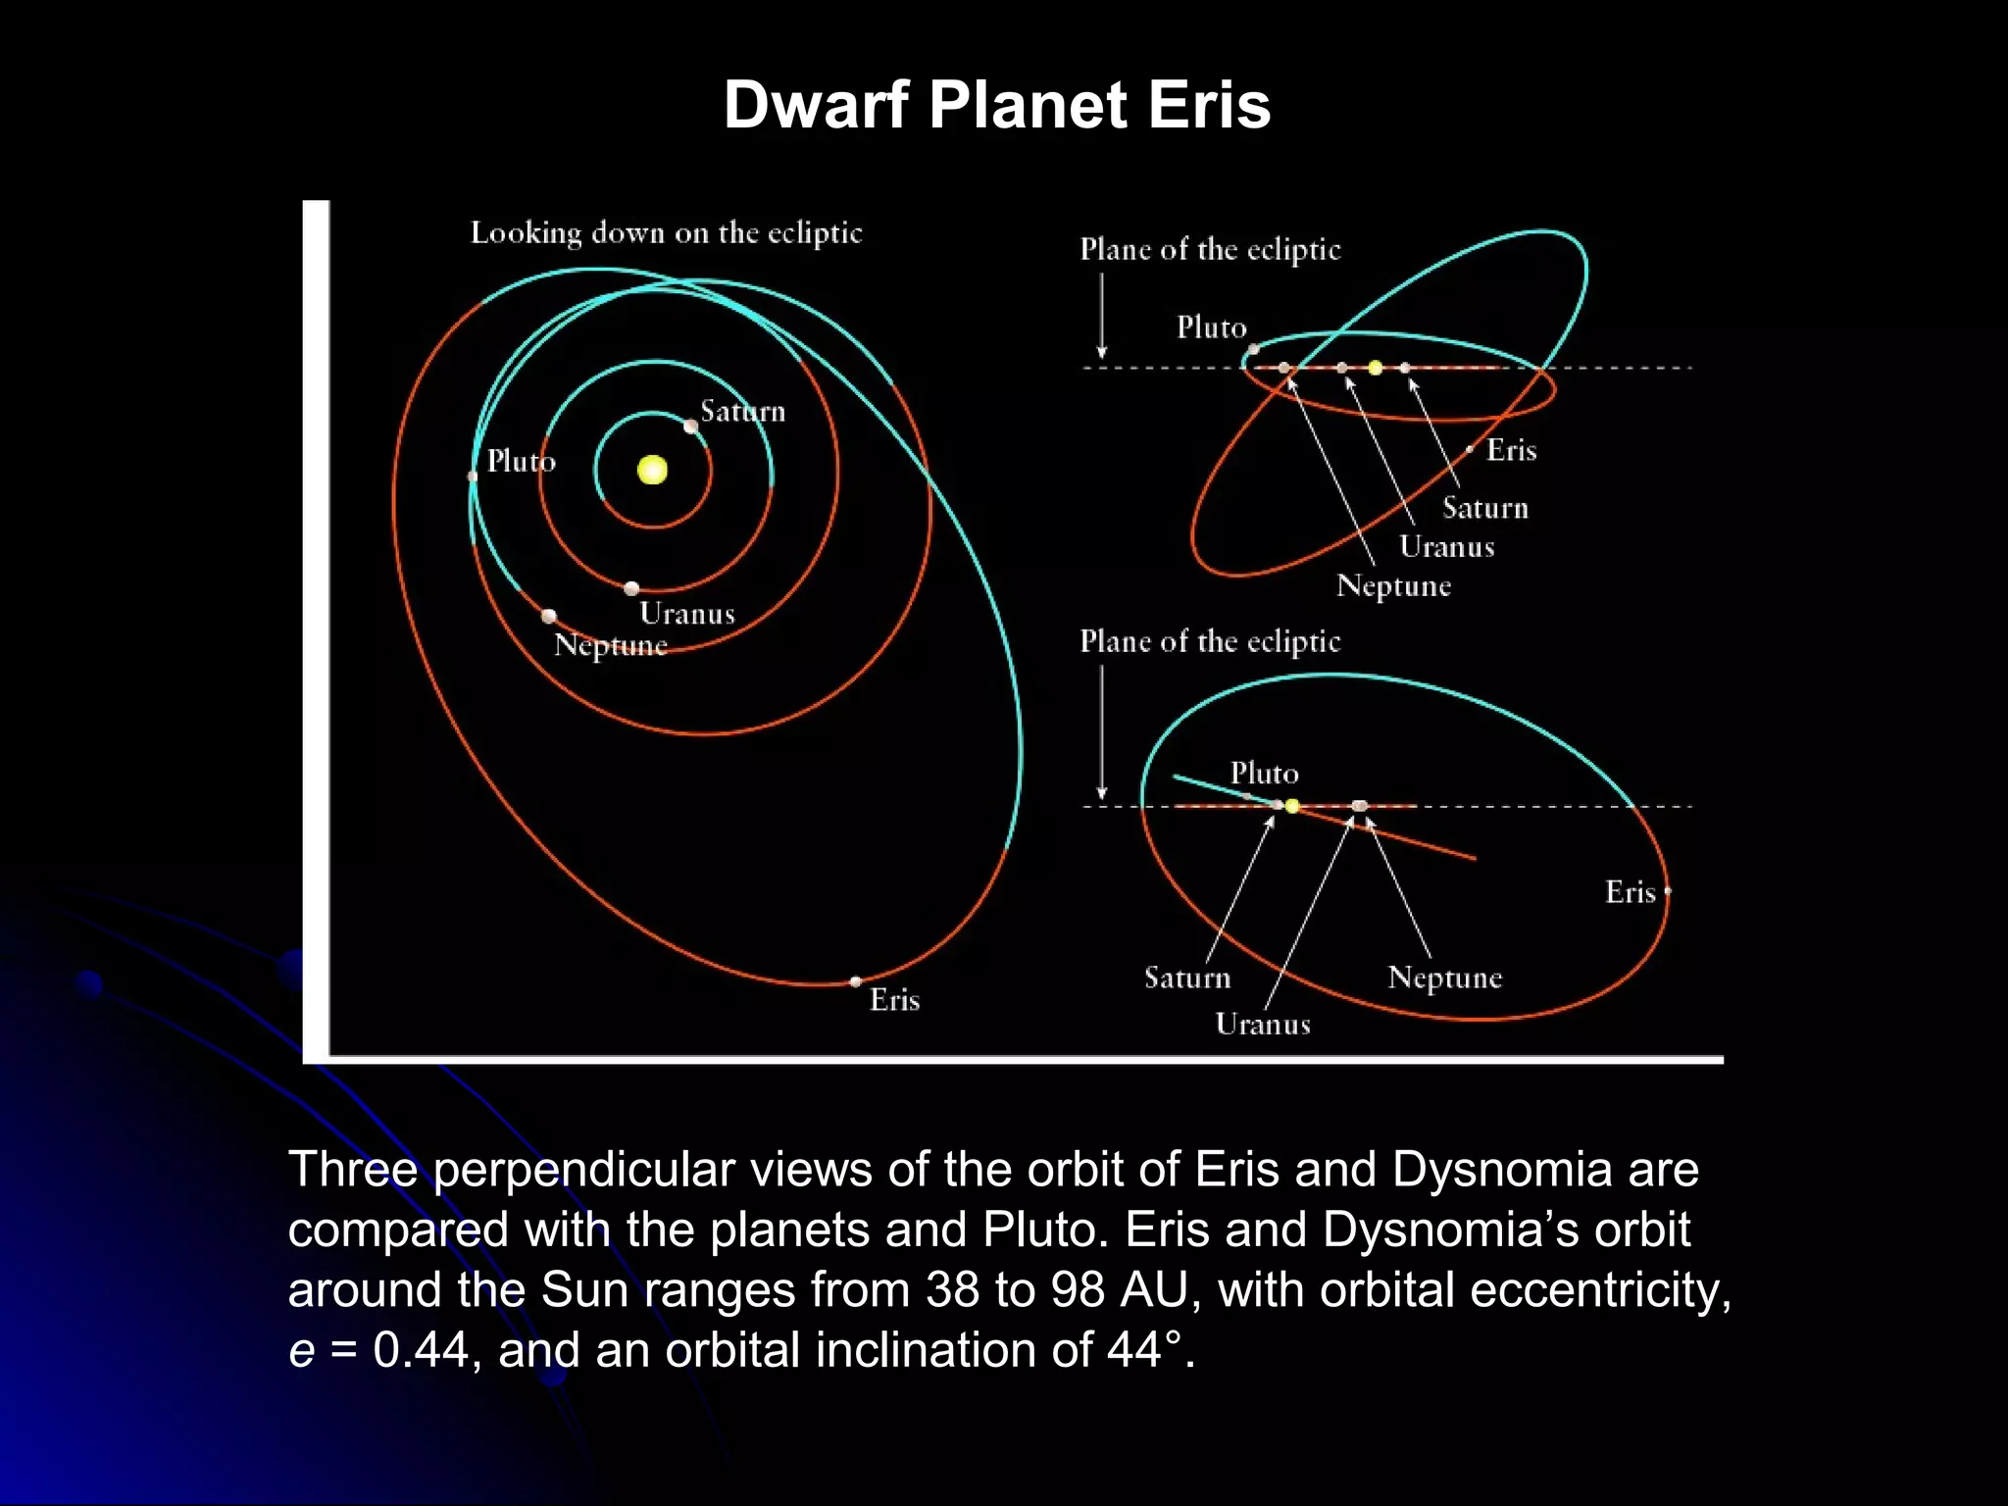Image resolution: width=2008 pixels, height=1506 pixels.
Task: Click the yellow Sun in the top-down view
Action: (x=652, y=470)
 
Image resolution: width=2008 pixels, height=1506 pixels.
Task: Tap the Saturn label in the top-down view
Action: (x=742, y=412)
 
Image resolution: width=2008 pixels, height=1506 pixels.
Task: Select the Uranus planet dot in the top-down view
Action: (x=631, y=588)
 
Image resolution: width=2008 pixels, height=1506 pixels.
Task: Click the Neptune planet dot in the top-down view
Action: (x=549, y=616)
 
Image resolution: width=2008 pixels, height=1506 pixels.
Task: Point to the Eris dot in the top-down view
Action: (x=856, y=981)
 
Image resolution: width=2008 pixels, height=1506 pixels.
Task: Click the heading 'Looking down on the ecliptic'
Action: (x=666, y=233)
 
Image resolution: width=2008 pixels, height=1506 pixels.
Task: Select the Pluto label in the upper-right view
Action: (x=1211, y=327)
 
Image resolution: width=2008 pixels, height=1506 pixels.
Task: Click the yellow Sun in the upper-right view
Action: (x=1376, y=368)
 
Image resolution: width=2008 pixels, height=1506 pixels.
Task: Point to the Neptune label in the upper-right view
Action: (x=1393, y=586)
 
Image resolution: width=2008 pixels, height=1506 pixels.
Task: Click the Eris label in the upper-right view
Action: (x=1511, y=450)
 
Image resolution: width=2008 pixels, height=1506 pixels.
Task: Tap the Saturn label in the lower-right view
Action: (x=1187, y=978)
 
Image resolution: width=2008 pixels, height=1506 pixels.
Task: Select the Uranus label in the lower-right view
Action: (x=1263, y=1025)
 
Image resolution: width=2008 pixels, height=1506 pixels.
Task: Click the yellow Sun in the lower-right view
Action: (x=1292, y=806)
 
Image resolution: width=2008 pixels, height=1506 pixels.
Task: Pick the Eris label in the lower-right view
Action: (x=1630, y=892)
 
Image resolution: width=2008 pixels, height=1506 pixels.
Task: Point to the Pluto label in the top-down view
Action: (x=521, y=461)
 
